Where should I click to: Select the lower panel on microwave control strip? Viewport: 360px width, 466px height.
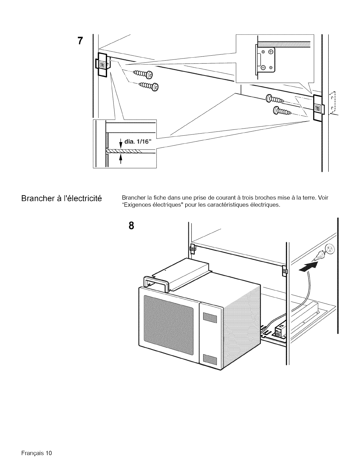(x=210, y=360)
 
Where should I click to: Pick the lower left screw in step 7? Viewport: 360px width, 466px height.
(x=149, y=86)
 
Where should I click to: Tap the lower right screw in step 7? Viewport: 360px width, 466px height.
(x=281, y=111)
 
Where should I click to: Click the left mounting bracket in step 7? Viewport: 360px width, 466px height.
(x=101, y=65)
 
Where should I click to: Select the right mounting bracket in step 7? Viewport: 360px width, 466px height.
(x=318, y=108)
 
